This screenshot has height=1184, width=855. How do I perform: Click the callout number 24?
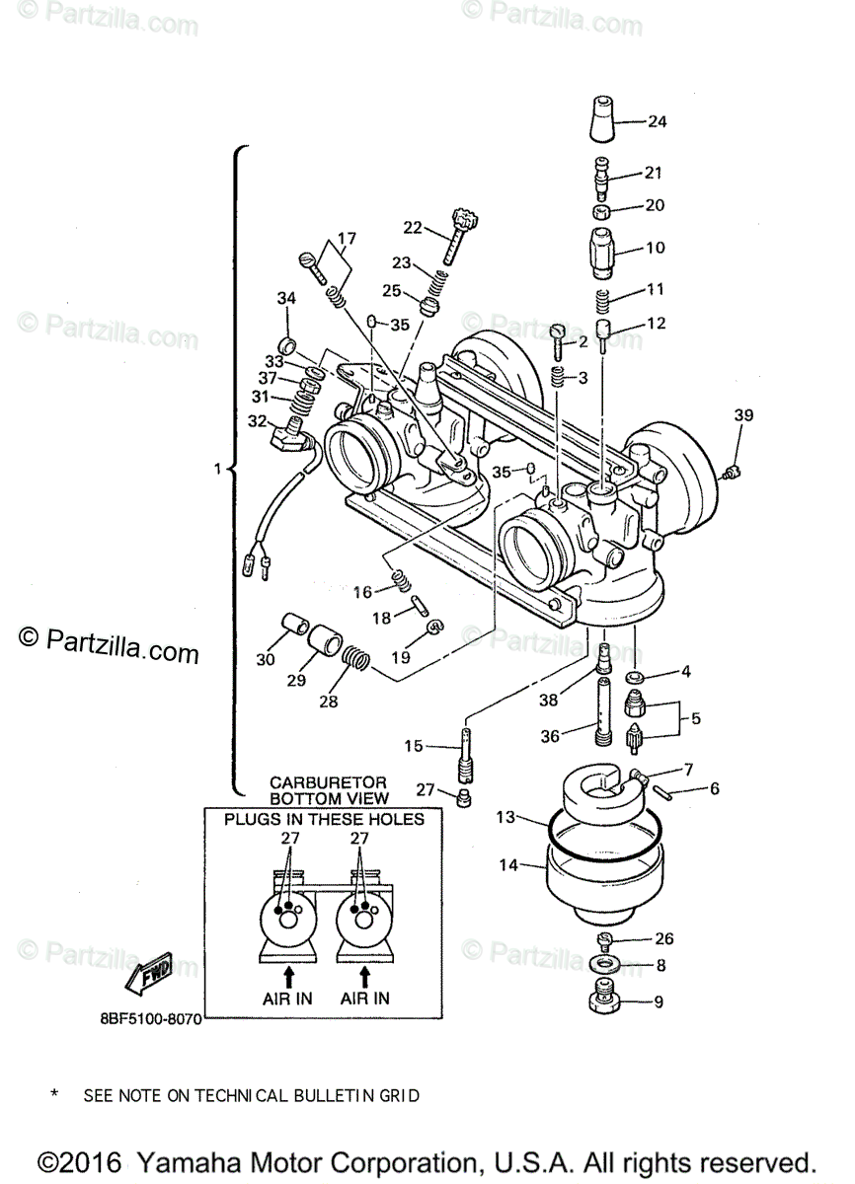tap(658, 121)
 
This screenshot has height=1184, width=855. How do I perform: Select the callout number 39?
tap(743, 415)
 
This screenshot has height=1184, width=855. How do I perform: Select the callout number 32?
tap(257, 421)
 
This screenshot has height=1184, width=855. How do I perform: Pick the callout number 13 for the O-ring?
tap(505, 817)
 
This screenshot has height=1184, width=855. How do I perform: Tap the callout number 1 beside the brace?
tap(217, 469)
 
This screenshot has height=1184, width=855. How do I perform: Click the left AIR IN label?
tap(287, 998)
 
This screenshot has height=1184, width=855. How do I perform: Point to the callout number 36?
tap(550, 736)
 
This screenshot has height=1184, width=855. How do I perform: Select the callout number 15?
tap(414, 746)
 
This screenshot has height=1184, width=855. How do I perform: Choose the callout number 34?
tap(286, 298)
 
